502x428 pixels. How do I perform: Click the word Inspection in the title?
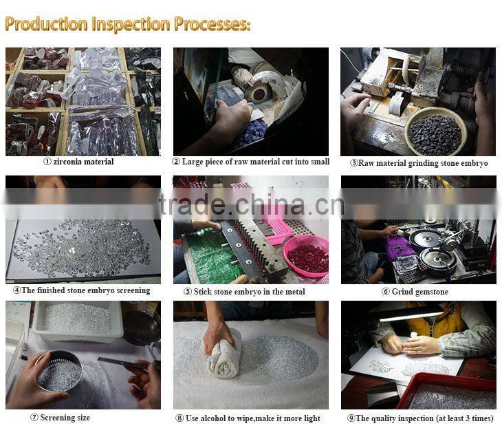point(131,24)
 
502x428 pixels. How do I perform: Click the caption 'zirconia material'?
point(83,162)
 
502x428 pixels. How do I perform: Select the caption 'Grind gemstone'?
point(419,292)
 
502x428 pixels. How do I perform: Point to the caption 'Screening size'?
point(65,418)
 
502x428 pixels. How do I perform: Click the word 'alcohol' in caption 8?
point(213,418)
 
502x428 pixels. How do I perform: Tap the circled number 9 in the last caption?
point(351,418)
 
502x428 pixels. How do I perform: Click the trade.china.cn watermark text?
point(251,205)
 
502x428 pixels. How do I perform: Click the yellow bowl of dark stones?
point(435,131)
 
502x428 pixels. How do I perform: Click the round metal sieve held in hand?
point(60,371)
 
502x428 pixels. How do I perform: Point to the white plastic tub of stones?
point(78,321)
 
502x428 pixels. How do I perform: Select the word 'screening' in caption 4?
point(133,290)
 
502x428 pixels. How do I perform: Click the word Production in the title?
point(47,24)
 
